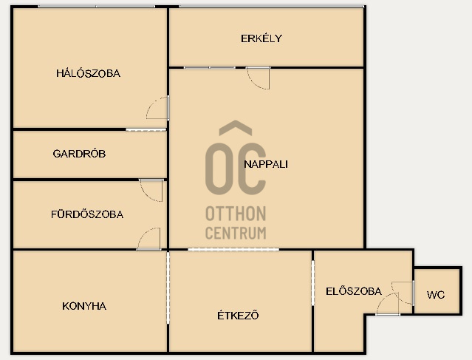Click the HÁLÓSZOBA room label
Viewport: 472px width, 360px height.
[x=88, y=73]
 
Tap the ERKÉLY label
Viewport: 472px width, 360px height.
[x=261, y=38]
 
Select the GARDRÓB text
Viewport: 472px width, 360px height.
[x=79, y=154]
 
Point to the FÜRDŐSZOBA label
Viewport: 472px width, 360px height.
[x=87, y=214]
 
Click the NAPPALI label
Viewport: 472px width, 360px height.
[x=266, y=164]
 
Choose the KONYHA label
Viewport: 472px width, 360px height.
[x=84, y=306]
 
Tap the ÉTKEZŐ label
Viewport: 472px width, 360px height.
[x=238, y=316]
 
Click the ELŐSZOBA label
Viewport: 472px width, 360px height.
[x=354, y=291]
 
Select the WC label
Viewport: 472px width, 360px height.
[x=436, y=295]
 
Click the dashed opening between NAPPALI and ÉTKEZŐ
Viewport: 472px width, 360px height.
[x=233, y=249]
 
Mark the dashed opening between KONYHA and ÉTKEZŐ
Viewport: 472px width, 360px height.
[x=168, y=288]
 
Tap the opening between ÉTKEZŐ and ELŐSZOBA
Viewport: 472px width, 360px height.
[x=312, y=283]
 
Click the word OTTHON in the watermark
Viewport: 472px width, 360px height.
[x=236, y=214]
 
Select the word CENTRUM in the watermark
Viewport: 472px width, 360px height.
[x=236, y=233]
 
